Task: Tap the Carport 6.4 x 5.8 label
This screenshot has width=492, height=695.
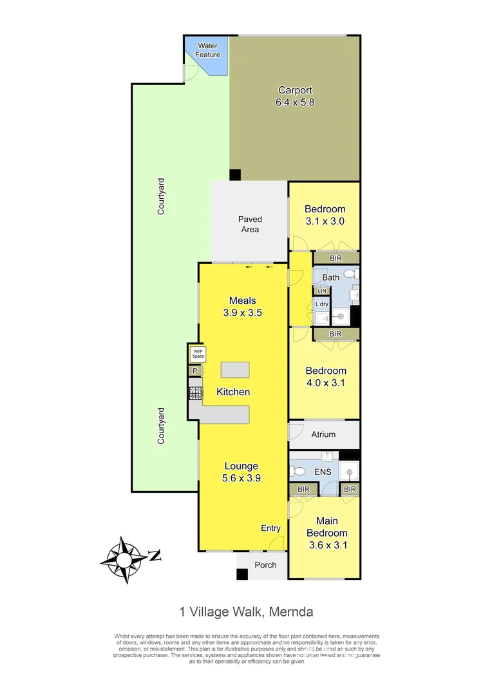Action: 296,96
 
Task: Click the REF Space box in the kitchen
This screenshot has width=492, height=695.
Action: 198,353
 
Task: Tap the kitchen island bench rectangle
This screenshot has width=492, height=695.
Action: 234,370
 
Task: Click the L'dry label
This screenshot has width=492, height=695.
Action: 322,304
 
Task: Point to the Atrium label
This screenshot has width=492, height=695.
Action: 323,434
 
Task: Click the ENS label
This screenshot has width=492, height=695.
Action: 323,472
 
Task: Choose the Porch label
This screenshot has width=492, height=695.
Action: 265,565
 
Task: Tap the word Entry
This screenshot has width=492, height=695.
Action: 270,528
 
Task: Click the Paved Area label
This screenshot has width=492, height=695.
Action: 250,224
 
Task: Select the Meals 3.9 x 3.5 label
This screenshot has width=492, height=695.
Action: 242,306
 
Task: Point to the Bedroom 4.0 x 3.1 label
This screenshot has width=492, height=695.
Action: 325,376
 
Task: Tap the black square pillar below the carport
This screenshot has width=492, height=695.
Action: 235,174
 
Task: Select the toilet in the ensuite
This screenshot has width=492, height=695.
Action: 298,472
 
